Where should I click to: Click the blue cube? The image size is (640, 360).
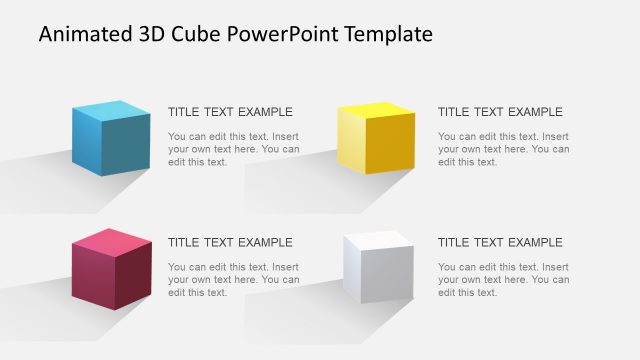click(110, 138)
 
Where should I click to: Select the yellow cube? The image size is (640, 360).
click(376, 139)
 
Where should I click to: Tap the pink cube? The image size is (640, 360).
click(111, 268)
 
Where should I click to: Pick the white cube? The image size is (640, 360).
click(377, 268)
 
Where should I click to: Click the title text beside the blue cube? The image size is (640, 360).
click(230, 112)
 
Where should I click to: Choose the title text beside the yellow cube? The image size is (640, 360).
click(500, 112)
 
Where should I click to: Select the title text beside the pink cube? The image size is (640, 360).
click(230, 242)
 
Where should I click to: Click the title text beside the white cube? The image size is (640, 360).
click(500, 242)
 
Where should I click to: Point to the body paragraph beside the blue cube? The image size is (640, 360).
click(233, 149)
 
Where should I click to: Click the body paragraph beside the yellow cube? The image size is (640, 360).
click(503, 149)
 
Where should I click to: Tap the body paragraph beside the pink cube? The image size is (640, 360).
click(233, 279)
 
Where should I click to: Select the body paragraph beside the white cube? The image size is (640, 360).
click(503, 279)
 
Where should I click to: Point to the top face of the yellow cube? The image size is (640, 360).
click(376, 109)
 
